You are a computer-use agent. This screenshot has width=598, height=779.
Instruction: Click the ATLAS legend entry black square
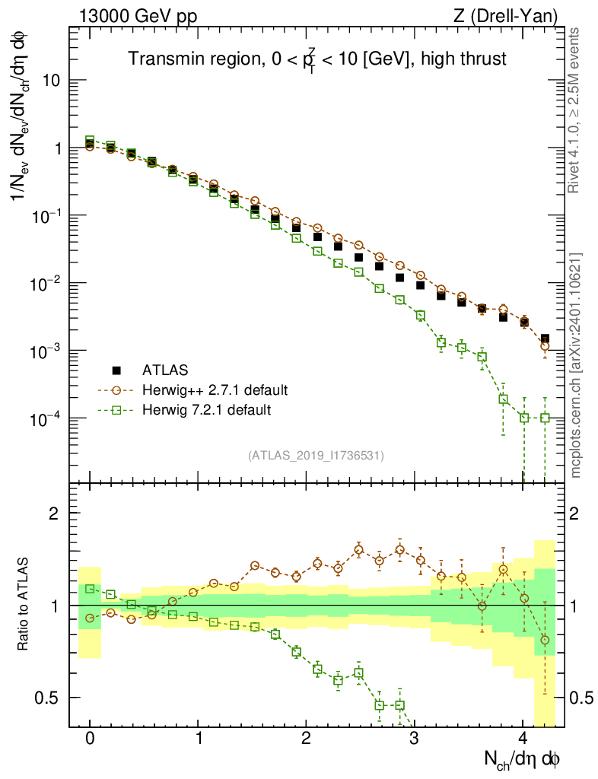pyautogui.click(x=116, y=370)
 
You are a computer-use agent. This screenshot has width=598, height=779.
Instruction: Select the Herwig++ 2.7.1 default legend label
pyautogui.click(x=215, y=390)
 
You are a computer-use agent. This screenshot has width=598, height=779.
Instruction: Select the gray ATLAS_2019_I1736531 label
pyautogui.click(x=316, y=455)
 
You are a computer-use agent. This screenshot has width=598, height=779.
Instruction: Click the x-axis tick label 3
pyautogui.click(x=414, y=739)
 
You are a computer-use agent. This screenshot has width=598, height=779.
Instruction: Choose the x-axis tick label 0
pyautogui.click(x=90, y=739)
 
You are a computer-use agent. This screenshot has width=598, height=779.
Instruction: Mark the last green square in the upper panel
pyautogui.click(x=545, y=418)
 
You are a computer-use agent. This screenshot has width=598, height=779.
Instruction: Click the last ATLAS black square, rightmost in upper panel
pyautogui.click(x=545, y=339)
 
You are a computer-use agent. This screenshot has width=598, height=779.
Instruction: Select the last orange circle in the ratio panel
pyautogui.click(x=545, y=640)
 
